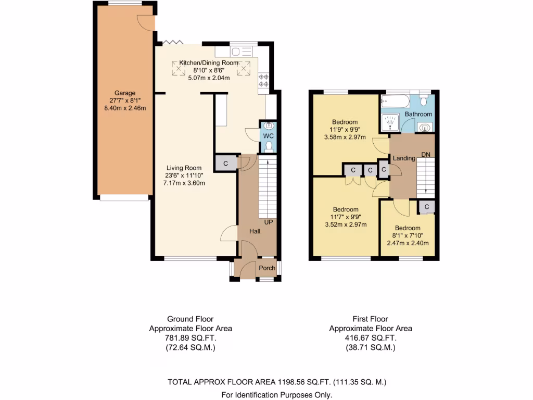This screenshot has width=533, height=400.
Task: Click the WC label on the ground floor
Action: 268,136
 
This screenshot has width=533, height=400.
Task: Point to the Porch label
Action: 267,268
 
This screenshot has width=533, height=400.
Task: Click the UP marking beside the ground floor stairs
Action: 268,222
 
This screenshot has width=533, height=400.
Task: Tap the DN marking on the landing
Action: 426,155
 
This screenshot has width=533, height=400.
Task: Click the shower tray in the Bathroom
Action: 389,123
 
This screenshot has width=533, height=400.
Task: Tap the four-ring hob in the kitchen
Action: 263,79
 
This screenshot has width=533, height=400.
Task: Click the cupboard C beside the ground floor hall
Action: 225,163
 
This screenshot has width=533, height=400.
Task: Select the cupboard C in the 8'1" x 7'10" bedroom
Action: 426,207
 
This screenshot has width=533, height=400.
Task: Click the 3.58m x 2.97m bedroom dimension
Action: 345,137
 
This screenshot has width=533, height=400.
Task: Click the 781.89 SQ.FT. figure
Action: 190,338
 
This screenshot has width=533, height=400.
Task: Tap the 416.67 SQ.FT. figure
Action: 370,338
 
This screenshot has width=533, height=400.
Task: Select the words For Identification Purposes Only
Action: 276,394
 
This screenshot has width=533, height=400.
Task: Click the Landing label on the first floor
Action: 404,158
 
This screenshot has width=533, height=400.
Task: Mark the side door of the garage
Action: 145,22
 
